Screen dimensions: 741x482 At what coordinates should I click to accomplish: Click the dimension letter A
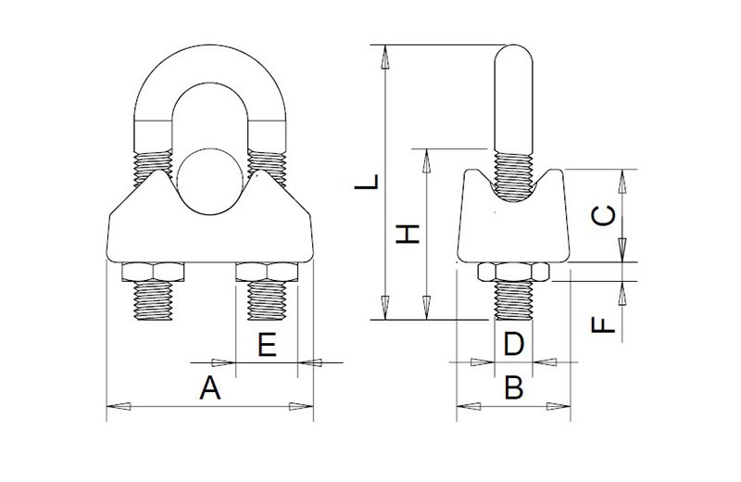[210, 387]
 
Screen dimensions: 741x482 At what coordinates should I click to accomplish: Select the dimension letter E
[267, 345]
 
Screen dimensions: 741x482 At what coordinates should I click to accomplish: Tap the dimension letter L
[367, 182]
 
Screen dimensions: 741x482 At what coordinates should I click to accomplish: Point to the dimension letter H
[408, 235]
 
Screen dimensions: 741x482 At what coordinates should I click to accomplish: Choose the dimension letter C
[604, 216]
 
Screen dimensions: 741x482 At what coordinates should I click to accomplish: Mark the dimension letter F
[604, 325]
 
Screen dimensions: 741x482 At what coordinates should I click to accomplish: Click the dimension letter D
[514, 345]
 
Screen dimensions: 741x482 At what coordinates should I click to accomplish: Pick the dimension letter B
[514, 387]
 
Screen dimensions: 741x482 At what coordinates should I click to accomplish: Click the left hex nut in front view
[153, 272]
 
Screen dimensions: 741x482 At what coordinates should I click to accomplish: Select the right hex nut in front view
[267, 272]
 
